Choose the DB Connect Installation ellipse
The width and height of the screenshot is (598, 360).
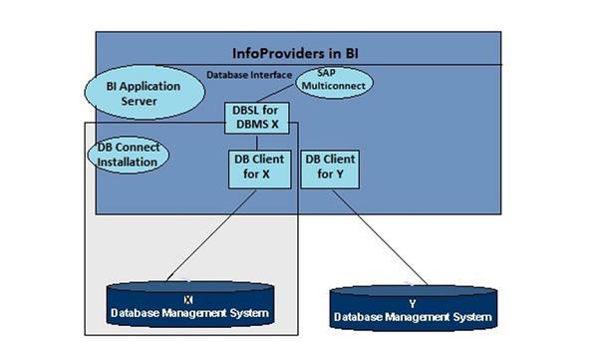pos(128,154)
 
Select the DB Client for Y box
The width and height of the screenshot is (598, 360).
pos(330,167)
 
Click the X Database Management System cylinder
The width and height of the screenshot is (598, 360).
pos(189,307)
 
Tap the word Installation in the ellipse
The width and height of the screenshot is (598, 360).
pos(127,161)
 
